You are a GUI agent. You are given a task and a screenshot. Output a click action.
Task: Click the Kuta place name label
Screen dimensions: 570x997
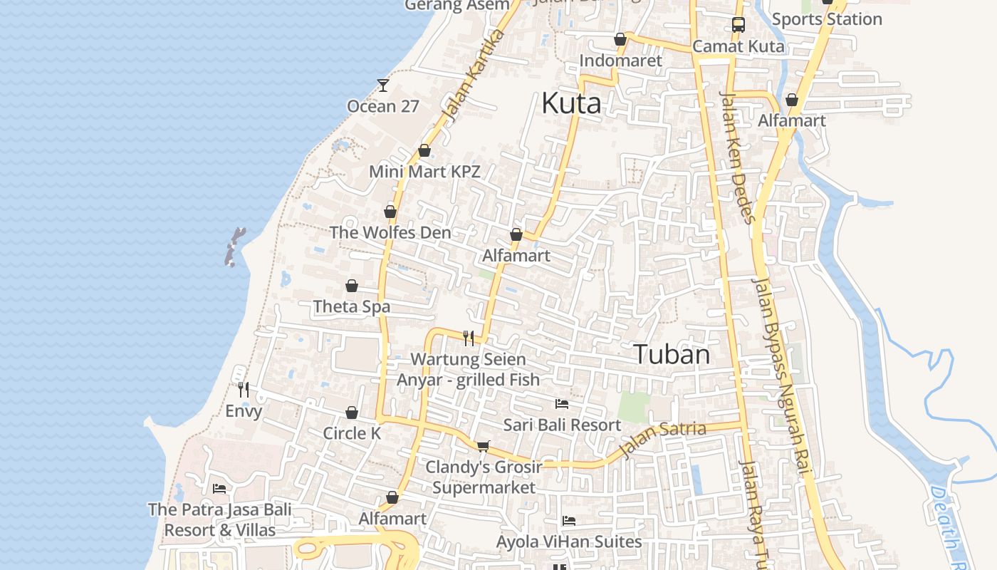(571, 103)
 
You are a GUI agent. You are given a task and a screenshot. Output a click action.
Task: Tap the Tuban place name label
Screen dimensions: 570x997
(672, 354)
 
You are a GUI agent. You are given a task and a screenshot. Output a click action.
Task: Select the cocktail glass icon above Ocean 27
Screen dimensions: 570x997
(383, 85)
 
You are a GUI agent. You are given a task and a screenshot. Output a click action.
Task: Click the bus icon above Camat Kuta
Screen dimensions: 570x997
(738, 25)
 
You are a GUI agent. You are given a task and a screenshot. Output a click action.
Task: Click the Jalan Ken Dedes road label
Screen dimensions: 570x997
(738, 157)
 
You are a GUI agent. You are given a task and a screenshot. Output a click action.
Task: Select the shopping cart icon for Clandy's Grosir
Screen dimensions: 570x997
(483, 446)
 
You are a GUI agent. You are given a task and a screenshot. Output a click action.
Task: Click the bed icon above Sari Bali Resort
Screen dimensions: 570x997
(562, 404)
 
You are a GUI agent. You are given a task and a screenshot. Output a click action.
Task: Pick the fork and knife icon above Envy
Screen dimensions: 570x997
(244, 390)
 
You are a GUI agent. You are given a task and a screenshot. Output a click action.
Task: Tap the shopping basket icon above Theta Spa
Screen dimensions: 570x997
(352, 286)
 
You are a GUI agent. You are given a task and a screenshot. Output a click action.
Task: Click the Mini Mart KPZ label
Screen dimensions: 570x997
(424, 172)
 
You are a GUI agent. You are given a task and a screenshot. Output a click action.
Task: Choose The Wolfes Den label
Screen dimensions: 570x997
(390, 233)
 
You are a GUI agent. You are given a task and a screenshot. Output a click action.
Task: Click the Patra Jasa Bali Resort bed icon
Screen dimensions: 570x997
(219, 489)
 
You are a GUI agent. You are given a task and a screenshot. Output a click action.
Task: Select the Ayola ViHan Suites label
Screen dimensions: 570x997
(569, 541)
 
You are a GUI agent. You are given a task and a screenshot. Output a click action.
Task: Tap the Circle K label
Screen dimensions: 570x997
(352, 433)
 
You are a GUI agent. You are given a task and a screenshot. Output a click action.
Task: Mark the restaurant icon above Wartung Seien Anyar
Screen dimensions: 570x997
(469, 338)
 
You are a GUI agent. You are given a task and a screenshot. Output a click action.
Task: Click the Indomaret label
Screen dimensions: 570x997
(620, 61)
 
